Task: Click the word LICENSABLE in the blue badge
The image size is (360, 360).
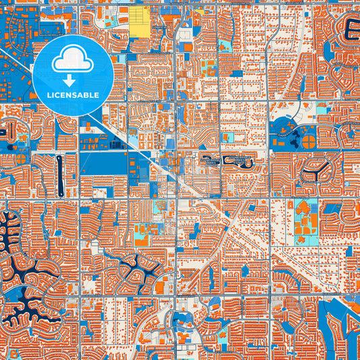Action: (x=73, y=95)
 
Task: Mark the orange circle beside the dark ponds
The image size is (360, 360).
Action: (x=308, y=142)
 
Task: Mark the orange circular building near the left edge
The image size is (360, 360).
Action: (x=21, y=159)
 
